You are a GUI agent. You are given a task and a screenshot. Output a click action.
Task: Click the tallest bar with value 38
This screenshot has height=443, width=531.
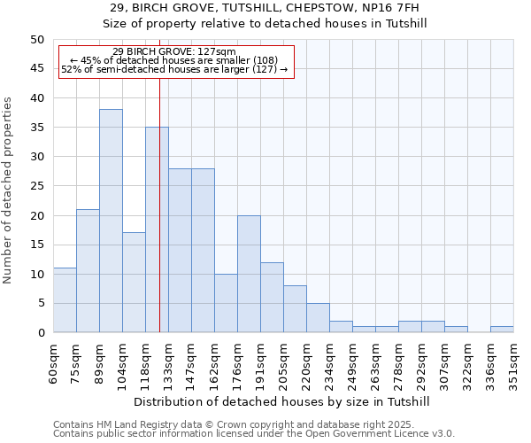pos(111,221)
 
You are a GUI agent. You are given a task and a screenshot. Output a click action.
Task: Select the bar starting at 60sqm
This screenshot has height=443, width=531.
pos(65,300)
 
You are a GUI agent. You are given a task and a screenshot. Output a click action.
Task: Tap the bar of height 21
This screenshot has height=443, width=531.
pos(88,270)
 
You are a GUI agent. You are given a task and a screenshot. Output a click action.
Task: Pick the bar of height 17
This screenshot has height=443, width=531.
pos(134,283)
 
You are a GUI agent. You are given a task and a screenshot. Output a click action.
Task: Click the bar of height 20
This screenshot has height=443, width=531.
pos(249,274)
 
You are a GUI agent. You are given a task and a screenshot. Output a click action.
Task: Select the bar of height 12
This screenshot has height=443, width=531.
pos(272,298)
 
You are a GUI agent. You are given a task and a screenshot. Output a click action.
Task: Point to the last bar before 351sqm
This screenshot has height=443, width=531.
pos(502,330)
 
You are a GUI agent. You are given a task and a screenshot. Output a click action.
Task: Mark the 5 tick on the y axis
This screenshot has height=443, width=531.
pos(40,303)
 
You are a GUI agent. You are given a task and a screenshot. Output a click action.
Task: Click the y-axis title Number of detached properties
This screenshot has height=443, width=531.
pos(8,190)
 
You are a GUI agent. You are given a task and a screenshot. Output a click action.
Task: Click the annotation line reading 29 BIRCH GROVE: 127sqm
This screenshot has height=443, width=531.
pos(174,51)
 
